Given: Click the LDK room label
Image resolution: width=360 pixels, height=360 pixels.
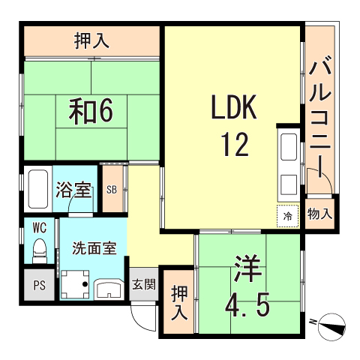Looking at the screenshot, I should coord(233,109).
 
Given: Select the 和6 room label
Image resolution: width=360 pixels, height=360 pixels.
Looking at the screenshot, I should coord(91,111).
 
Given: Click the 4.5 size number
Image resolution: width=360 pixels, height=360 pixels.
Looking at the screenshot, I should coord(247,304).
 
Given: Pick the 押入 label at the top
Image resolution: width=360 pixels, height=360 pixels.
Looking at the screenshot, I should coord(91,40).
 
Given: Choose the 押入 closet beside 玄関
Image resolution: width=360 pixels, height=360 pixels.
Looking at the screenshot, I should coord(179,302).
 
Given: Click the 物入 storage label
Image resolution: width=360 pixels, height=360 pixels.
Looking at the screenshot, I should coord(319,214).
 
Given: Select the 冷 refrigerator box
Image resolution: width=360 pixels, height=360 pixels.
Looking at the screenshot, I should coord(288,215).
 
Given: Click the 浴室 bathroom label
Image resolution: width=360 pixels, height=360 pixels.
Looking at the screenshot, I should coord(73,189).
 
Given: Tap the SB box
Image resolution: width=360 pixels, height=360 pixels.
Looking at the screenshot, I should coord(112,190).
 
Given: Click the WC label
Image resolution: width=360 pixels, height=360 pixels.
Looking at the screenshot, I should coord(38,226).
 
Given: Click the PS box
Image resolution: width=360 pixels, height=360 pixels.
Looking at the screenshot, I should coord(38,284).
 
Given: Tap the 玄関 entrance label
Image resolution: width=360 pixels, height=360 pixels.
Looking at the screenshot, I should coord(144,284).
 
